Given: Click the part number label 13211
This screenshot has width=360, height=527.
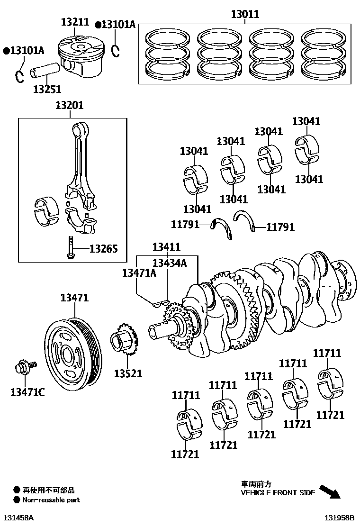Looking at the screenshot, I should pos(75,22).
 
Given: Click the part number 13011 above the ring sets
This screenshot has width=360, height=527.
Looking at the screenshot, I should pos(245,14).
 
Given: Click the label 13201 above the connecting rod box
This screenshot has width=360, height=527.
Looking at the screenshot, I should pos(69,105).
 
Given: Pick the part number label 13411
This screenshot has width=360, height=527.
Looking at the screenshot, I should pos(166,247).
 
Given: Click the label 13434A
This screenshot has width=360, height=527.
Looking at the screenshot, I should pos(169,263).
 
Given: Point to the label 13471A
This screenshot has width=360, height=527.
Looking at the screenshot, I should pos(139,273).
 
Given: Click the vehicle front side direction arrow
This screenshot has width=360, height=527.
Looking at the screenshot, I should pos(330,491).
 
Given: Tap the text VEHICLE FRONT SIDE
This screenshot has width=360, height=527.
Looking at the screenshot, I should pos(278,493).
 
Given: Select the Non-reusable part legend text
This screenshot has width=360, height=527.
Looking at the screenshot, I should pos(51,500).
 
